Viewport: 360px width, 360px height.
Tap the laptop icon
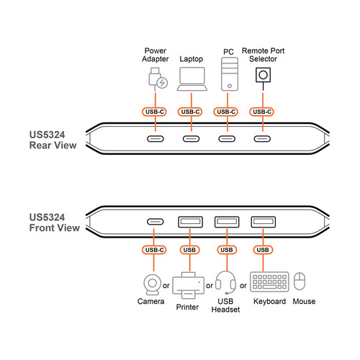tap(191, 80)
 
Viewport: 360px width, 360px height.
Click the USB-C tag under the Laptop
tap(191, 112)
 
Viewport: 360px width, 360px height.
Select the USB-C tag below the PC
tap(227, 112)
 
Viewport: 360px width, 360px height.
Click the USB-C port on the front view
tap(155, 222)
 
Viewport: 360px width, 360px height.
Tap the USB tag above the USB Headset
tap(227, 250)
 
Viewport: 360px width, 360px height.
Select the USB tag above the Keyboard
tap(263, 250)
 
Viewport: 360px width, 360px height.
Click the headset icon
tap(225, 282)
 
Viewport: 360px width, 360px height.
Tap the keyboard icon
tap(269, 282)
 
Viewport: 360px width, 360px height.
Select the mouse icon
tap(303, 282)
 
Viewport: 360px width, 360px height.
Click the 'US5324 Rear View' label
tap(53, 138)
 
